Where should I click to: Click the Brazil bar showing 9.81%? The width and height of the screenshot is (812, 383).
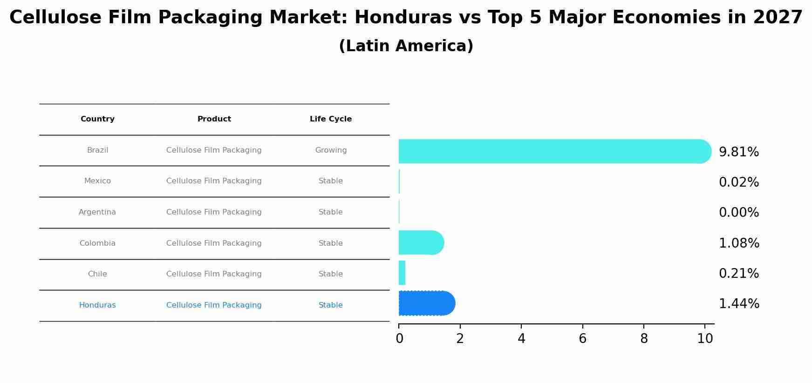[x=554, y=151]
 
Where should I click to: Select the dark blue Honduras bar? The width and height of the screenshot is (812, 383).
[x=426, y=303]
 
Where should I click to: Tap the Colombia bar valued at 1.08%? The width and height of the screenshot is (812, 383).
[x=421, y=242]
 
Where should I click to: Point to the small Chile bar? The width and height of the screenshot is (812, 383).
[x=402, y=273]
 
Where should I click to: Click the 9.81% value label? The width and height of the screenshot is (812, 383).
[x=739, y=152]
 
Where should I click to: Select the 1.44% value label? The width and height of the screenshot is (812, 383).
[x=739, y=304]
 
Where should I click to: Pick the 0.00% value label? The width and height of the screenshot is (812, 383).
[x=739, y=213]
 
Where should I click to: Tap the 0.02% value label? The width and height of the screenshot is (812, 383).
[x=739, y=182]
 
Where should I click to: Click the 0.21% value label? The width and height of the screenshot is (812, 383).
[x=739, y=274]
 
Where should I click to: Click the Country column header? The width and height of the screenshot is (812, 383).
[x=97, y=119]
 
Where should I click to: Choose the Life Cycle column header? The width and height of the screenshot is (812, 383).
[x=331, y=119]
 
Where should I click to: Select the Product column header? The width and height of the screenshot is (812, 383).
[x=214, y=119]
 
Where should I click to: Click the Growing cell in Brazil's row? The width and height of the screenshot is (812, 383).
[x=331, y=150]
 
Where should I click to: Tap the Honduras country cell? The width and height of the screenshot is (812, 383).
[x=97, y=305]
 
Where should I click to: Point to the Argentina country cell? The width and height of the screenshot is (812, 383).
[x=97, y=212]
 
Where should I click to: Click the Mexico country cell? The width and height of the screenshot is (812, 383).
[x=97, y=181]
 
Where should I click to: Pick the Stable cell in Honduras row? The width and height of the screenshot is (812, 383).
[x=331, y=305]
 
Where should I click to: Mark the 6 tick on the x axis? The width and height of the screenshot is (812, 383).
[x=582, y=339]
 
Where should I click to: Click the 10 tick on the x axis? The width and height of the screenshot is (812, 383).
[x=705, y=339]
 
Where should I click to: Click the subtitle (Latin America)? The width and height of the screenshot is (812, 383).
[x=406, y=46]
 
